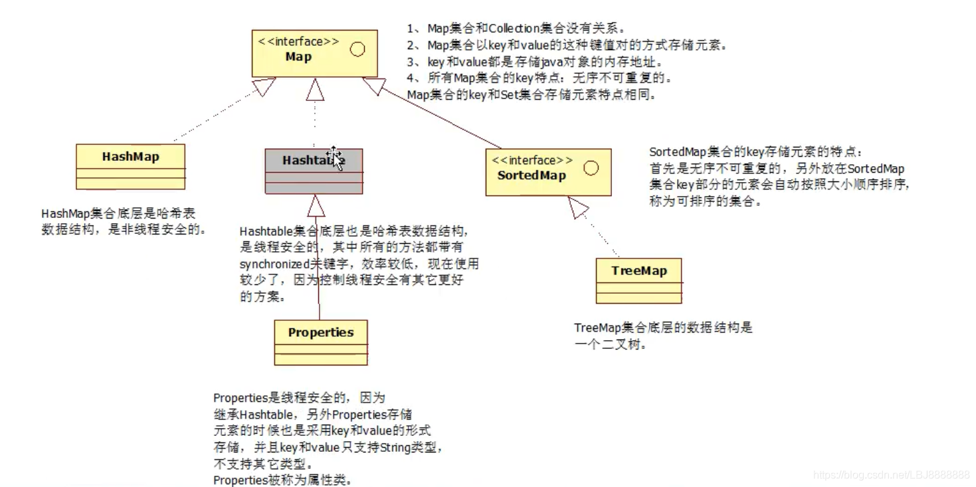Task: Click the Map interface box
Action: coord(314,53)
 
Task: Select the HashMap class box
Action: coord(130,166)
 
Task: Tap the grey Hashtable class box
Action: coord(314,171)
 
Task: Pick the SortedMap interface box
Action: coord(547,171)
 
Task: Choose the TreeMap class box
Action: coord(638,280)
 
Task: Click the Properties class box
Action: coord(320,341)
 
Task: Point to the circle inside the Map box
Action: coord(357,49)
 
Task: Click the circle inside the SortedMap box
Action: coord(590,168)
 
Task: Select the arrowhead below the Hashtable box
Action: coord(316,206)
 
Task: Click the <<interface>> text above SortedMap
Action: coord(532,160)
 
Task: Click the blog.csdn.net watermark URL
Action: coord(892,474)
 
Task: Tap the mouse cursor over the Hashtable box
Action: coord(334,158)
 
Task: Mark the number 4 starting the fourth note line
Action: coord(411,78)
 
